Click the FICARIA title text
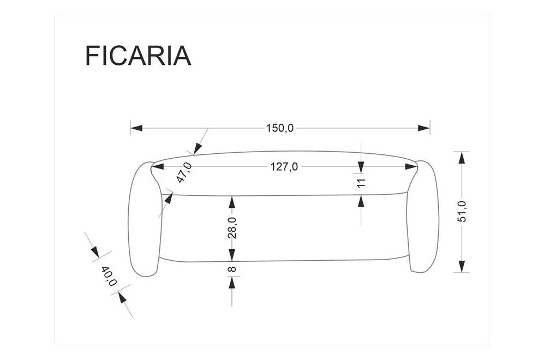click(x=138, y=55)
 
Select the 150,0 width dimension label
click(x=280, y=129)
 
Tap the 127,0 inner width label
click(x=284, y=167)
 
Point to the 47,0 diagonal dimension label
click(x=184, y=172)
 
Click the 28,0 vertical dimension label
click(x=232, y=227)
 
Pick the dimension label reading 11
click(x=361, y=183)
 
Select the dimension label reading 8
click(x=232, y=269)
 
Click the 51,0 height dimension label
click(x=462, y=211)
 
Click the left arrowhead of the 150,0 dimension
click(x=136, y=129)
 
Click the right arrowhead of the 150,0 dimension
click(x=424, y=129)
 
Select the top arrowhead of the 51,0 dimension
click(x=462, y=158)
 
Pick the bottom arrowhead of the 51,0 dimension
click(x=462, y=266)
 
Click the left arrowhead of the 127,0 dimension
click(x=158, y=167)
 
